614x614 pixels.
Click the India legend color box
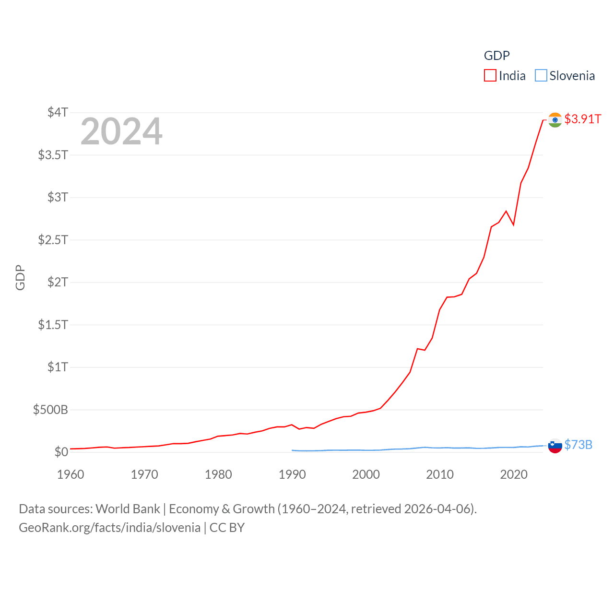[490, 76]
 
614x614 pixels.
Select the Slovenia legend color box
[541, 76]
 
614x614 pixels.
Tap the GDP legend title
[496, 56]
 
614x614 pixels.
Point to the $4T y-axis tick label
[58, 112]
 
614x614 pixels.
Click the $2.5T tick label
[53, 239]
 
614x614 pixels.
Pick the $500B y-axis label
[50, 410]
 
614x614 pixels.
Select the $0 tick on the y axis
[61, 452]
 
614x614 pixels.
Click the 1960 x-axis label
[71, 474]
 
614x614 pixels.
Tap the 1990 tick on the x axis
[292, 474]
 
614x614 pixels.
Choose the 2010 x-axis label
[440, 474]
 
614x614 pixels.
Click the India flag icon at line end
[555, 120]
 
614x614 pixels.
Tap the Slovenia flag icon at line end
[555, 446]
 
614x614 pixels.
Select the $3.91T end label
[582, 119]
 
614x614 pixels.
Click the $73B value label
[578, 445]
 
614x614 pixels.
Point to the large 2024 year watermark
[121, 131]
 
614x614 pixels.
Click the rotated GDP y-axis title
[20, 277]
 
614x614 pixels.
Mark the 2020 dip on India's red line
[513, 224]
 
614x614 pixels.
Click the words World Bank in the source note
[128, 508]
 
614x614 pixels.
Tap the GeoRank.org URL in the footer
[109, 528]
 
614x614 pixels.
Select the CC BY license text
[227, 528]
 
